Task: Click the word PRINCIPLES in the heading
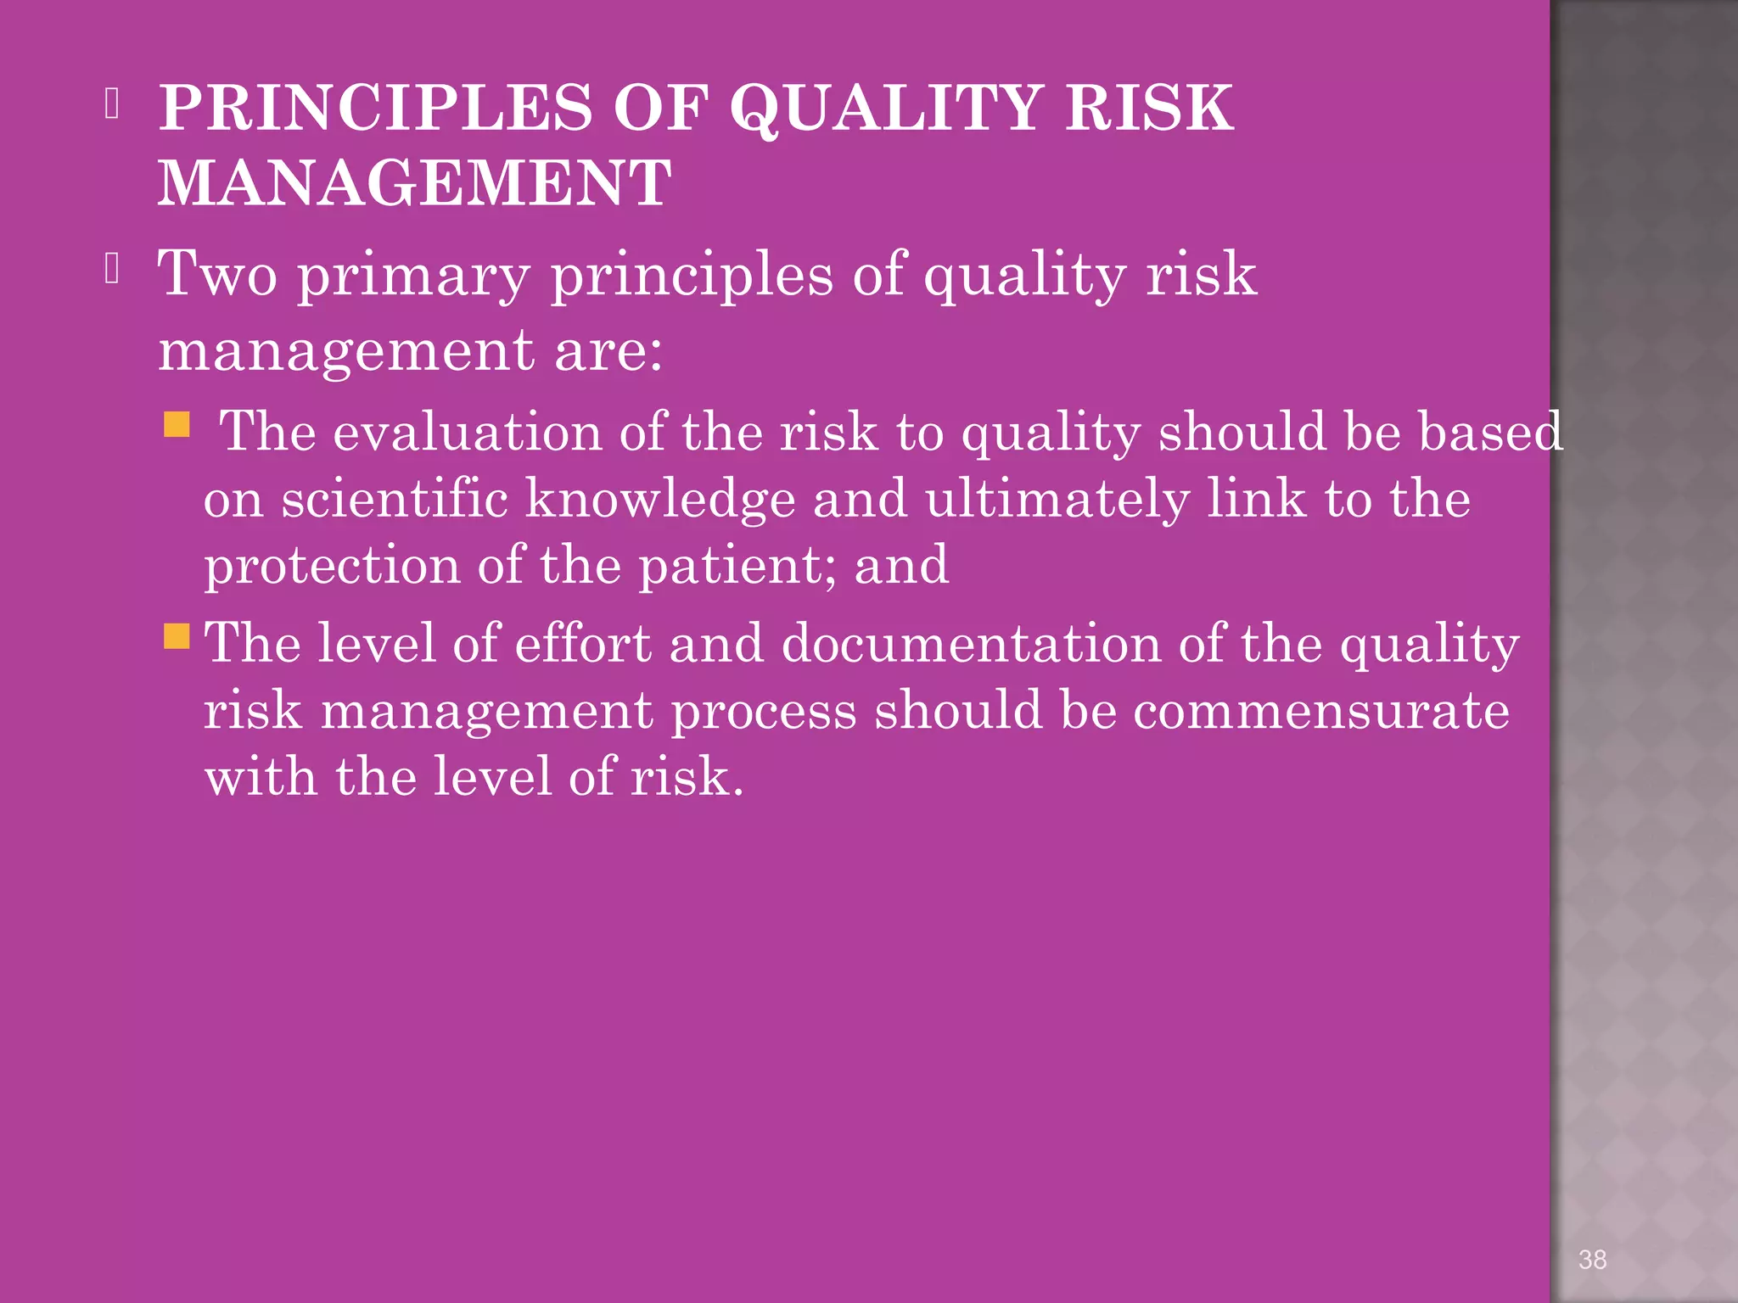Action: click(375, 108)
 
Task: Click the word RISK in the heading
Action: click(1149, 108)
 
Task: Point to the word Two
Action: click(218, 273)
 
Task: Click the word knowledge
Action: click(660, 500)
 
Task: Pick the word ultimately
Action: click(1057, 500)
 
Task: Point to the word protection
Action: click(332, 566)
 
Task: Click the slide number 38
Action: click(1592, 1260)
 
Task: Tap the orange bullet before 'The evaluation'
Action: click(177, 423)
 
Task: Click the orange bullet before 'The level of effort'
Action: click(177, 635)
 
